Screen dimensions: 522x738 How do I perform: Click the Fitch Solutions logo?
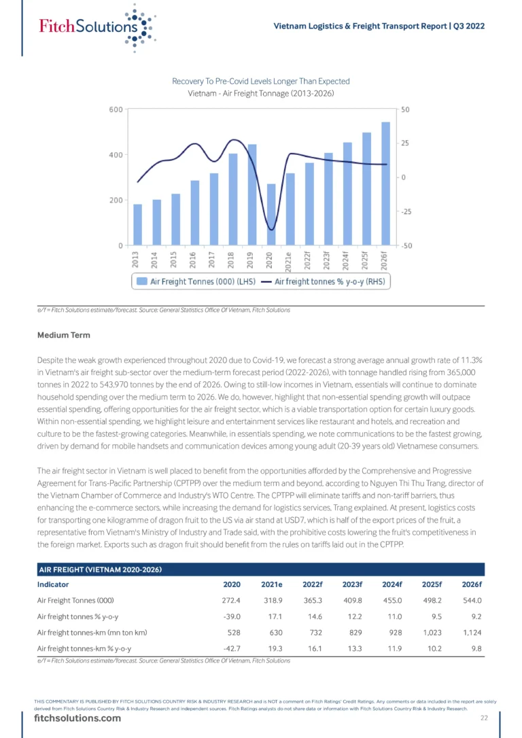click(x=97, y=27)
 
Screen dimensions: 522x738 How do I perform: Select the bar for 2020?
click(x=271, y=214)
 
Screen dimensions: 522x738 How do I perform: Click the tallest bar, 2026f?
click(x=385, y=183)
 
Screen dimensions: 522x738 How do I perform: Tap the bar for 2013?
click(x=137, y=224)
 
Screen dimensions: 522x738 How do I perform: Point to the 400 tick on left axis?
click(x=116, y=155)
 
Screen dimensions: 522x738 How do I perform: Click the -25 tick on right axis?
click(x=406, y=212)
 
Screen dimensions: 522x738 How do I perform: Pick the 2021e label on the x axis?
click(x=289, y=262)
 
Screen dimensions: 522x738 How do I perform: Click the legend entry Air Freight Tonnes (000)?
click(x=196, y=281)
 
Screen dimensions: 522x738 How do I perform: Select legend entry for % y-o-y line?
click(x=324, y=281)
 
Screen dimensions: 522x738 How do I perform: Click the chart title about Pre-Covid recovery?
click(x=261, y=82)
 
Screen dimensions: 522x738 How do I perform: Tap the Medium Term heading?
click(x=63, y=335)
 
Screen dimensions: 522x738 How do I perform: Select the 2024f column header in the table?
click(x=392, y=584)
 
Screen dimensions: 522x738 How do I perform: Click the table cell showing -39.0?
click(x=232, y=616)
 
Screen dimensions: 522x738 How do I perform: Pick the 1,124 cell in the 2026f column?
click(x=472, y=633)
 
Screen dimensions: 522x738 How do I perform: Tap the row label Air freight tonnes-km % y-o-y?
click(x=84, y=648)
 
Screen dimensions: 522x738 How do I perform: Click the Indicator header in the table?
click(x=53, y=584)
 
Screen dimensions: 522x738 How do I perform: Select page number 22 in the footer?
click(x=485, y=718)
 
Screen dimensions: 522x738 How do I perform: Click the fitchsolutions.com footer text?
click(x=77, y=718)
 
